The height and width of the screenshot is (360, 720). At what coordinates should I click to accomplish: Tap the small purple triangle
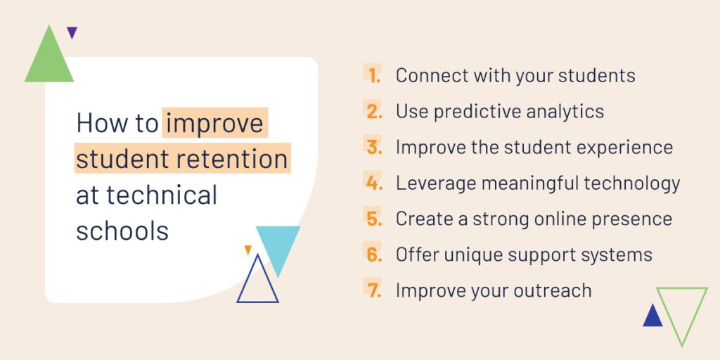click(72, 31)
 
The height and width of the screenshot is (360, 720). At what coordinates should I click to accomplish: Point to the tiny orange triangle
click(248, 249)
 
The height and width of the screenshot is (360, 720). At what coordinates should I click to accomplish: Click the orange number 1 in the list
click(374, 76)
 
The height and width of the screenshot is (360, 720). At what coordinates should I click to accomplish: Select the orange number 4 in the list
click(374, 184)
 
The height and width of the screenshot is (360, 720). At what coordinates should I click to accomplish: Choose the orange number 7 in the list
click(374, 290)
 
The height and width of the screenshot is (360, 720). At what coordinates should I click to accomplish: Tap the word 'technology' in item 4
click(632, 184)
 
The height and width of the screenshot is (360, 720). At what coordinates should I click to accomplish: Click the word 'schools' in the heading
click(122, 230)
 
